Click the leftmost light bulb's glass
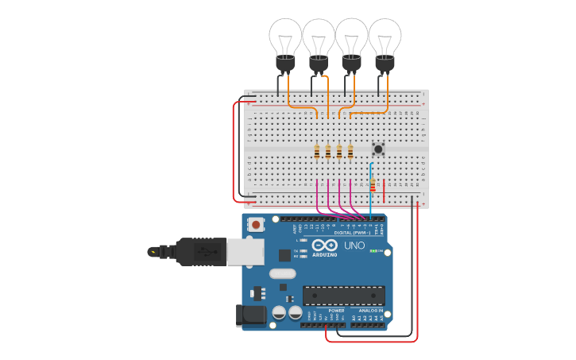285,36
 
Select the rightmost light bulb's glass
385,36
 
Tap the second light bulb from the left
319,36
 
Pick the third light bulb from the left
352,36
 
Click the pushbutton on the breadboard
378,149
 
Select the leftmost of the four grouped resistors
317,151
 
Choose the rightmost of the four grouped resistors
350,151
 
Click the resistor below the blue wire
373,184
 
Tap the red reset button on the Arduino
256,225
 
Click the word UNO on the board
354,246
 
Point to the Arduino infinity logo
324,245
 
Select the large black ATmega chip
344,296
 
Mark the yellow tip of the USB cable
151,252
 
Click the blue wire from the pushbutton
370,191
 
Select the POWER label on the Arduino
326,311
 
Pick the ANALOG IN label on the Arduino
368,311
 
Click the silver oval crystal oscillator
282,273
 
